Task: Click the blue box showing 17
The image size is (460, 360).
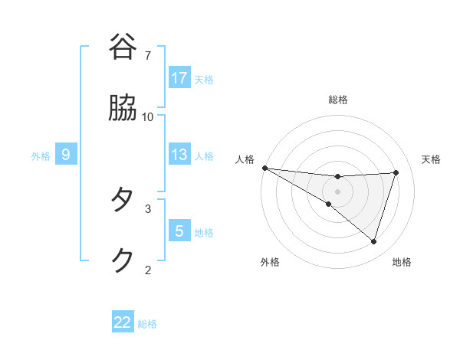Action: (179, 78)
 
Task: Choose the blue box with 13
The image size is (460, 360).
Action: (179, 155)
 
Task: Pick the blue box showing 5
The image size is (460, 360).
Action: (179, 231)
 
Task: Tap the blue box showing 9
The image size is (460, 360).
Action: (66, 155)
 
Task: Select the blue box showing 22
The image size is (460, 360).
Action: (123, 322)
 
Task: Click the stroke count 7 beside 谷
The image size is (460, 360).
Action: (148, 56)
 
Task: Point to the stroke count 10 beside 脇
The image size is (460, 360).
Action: (148, 116)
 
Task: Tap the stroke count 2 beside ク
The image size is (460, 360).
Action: (148, 269)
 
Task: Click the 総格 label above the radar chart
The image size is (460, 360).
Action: (338, 100)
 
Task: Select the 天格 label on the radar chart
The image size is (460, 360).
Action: (432, 159)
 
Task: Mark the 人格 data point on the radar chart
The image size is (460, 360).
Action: (264, 167)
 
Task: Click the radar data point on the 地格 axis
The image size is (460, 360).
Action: (373, 241)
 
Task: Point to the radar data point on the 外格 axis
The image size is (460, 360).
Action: (329, 204)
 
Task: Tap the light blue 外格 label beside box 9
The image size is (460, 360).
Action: (41, 155)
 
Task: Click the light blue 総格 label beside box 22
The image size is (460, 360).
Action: (147, 324)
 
